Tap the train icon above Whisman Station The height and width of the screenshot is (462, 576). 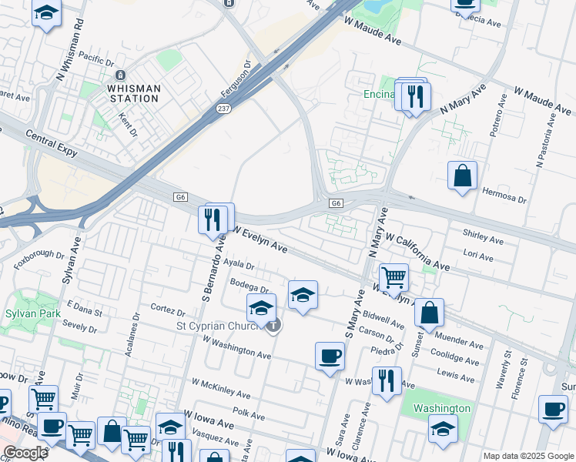point(120,75)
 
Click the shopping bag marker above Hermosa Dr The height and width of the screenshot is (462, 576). point(462,176)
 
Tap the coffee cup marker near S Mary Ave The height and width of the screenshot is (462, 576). point(330,356)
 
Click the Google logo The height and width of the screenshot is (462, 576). point(25,453)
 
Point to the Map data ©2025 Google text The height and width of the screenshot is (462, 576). point(528,456)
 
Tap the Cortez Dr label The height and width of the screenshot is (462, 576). point(168,312)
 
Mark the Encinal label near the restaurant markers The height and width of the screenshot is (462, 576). point(379,95)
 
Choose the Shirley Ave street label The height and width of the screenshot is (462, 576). point(483,236)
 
